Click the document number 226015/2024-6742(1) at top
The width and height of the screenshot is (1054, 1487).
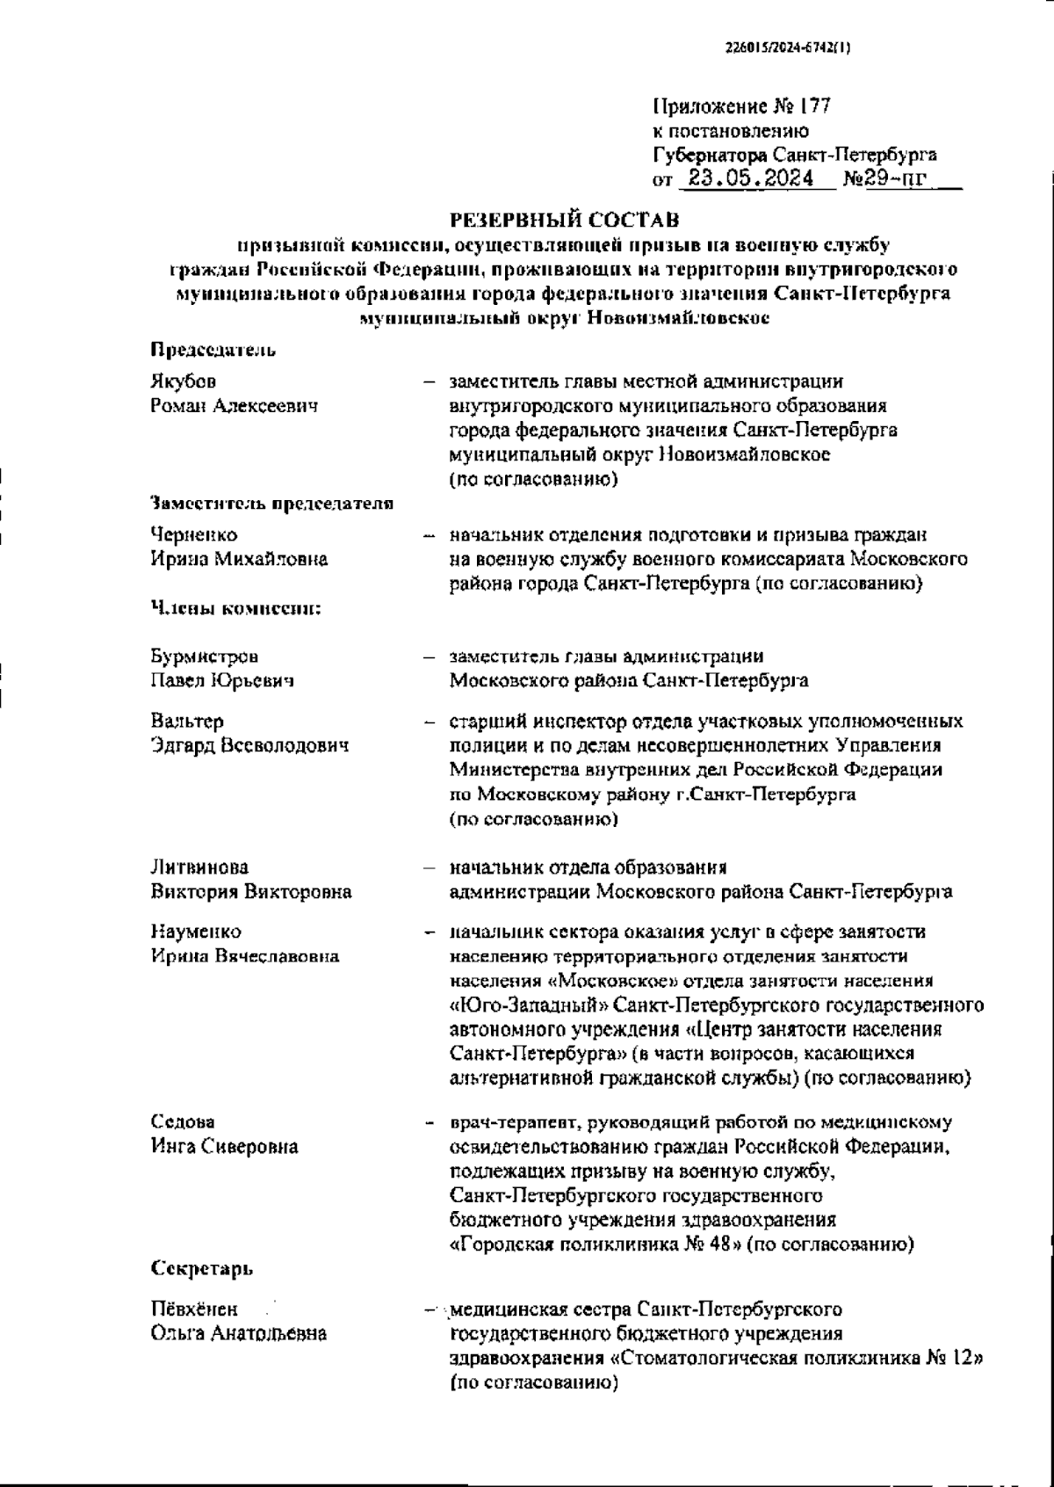click(787, 49)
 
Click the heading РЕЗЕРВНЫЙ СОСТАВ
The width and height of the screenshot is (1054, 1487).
click(564, 218)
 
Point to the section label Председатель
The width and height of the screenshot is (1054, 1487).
click(213, 350)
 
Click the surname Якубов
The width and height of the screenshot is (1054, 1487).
click(183, 381)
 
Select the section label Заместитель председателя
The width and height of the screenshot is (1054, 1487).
click(271, 504)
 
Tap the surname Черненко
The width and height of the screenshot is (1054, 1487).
click(194, 534)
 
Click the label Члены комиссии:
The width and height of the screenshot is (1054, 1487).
click(235, 607)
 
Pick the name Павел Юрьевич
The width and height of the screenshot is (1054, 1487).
click(222, 680)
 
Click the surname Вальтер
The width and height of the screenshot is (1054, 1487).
click(187, 721)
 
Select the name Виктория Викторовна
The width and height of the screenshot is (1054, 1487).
click(251, 891)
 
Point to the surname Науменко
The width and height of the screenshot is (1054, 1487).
click(196, 931)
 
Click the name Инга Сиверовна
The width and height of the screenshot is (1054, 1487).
click(224, 1146)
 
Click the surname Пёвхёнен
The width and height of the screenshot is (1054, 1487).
click(194, 1309)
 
